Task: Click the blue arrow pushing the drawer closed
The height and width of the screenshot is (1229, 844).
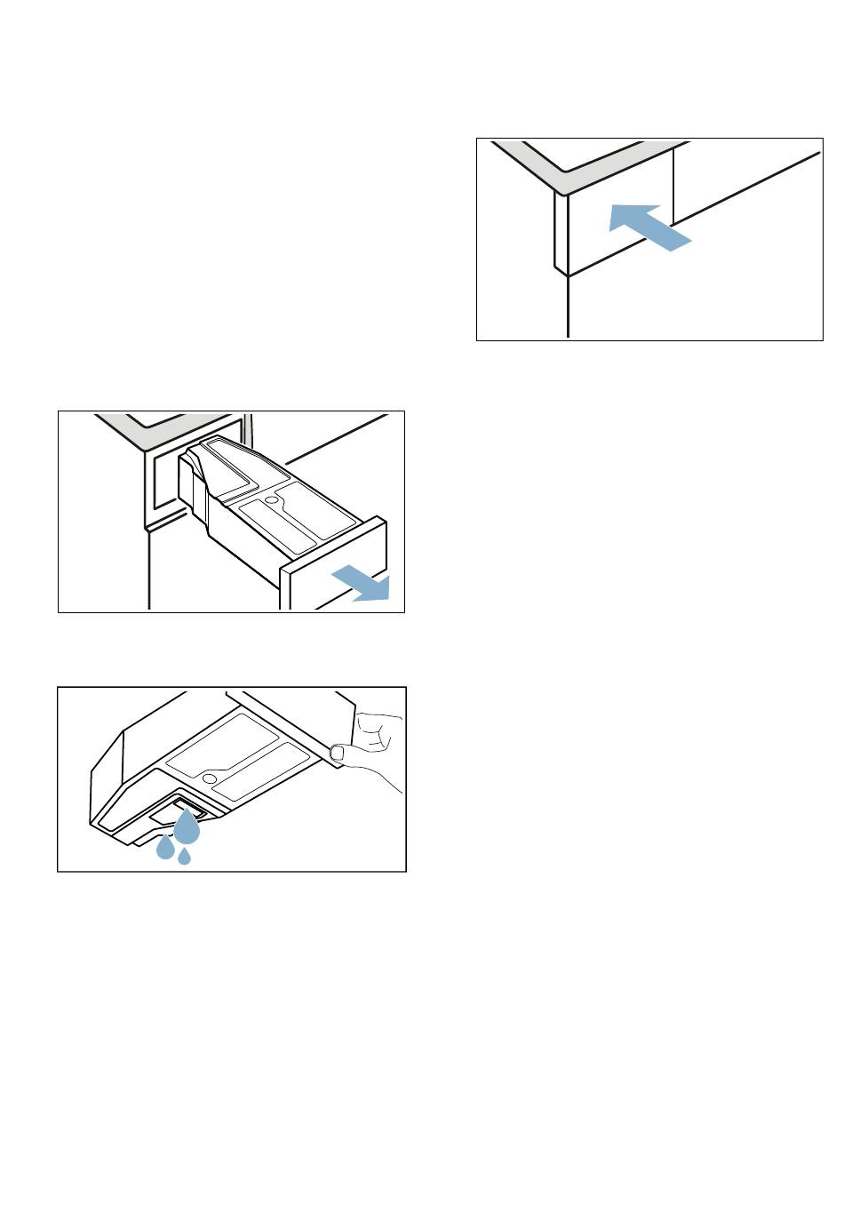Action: pos(649,226)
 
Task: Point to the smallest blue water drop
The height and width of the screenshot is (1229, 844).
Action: pos(185,856)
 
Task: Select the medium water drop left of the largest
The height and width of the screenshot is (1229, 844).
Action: pos(165,849)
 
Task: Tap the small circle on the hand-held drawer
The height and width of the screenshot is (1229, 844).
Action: pos(210,778)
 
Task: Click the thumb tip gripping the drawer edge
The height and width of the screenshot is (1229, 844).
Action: pos(338,753)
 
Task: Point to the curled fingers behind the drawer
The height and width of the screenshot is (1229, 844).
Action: pos(377,732)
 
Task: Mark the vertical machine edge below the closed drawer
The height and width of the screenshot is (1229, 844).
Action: pos(567,307)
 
